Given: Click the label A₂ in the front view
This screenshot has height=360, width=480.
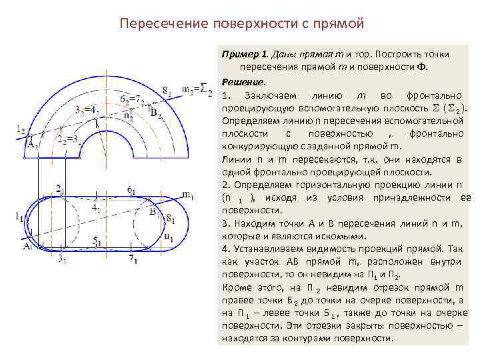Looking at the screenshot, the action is point(31,142).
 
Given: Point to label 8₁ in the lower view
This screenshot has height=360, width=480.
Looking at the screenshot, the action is point(170,217).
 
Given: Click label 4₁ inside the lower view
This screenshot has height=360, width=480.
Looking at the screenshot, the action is point(95,209).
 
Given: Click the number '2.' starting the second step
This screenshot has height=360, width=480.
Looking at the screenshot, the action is point(225,184).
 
